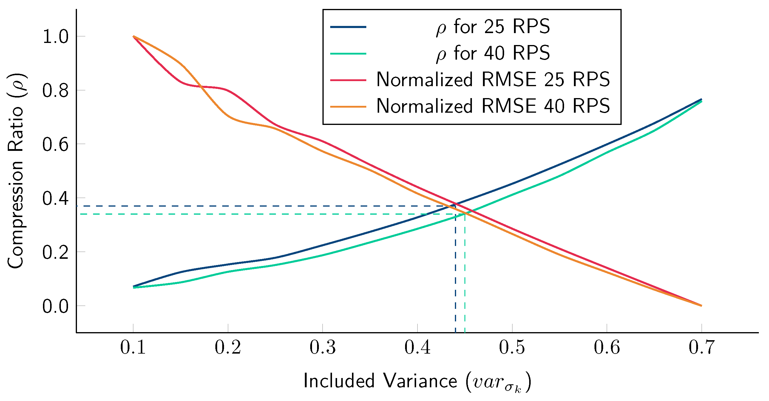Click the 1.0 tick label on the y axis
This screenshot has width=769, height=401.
[55, 37]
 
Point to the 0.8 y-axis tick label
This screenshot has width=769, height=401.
[55, 91]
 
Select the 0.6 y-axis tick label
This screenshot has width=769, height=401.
[55, 145]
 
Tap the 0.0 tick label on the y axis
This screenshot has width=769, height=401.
[55, 306]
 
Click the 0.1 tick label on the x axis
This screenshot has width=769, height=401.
[133, 347]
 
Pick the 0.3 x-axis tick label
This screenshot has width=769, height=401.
[323, 347]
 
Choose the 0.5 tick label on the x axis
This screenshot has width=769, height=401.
[512, 347]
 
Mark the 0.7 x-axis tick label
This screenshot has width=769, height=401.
[702, 347]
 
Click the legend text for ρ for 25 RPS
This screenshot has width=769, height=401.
[493, 27]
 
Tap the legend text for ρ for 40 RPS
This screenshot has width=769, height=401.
[493, 53]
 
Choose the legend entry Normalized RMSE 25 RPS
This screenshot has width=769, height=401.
[493, 80]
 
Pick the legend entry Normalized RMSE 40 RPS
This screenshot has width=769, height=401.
[493, 106]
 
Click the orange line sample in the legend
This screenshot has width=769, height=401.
[348, 106]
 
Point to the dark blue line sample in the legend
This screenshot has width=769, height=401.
[348, 27]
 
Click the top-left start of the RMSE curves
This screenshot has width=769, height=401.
[133, 36]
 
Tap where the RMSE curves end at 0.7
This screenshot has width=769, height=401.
[701, 306]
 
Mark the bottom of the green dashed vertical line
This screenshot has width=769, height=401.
[465, 332]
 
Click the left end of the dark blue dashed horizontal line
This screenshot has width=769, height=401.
[77, 206]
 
